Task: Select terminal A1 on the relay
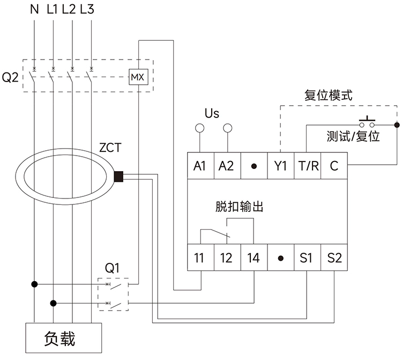click(200, 166)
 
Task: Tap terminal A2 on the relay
click(227, 166)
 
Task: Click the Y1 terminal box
click(280, 166)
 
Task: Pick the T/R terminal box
click(307, 166)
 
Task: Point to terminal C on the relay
click(334, 166)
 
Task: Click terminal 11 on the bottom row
click(200, 258)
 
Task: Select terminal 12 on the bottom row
click(227, 258)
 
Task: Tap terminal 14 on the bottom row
click(254, 258)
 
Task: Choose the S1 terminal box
click(307, 258)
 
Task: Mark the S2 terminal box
click(334, 258)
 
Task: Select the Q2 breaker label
click(10, 78)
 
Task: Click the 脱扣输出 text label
click(239, 207)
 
